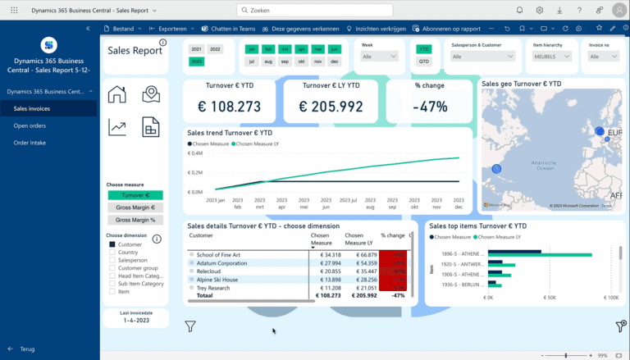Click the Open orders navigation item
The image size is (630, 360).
[x=30, y=125]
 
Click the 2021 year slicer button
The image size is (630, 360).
[x=197, y=49]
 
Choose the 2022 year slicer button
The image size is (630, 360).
[x=215, y=49]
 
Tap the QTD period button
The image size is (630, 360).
[x=423, y=62]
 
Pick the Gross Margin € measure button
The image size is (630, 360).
[x=135, y=207]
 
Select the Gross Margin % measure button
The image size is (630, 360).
[x=135, y=220]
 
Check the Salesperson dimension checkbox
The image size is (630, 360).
[x=112, y=260]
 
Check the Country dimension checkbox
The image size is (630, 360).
[x=112, y=253]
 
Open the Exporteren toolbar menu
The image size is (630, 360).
[x=171, y=28]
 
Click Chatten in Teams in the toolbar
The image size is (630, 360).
[x=231, y=28]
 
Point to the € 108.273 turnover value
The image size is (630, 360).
[x=230, y=107]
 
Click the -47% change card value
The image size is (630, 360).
[x=430, y=107]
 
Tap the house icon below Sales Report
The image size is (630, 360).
[x=117, y=94]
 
